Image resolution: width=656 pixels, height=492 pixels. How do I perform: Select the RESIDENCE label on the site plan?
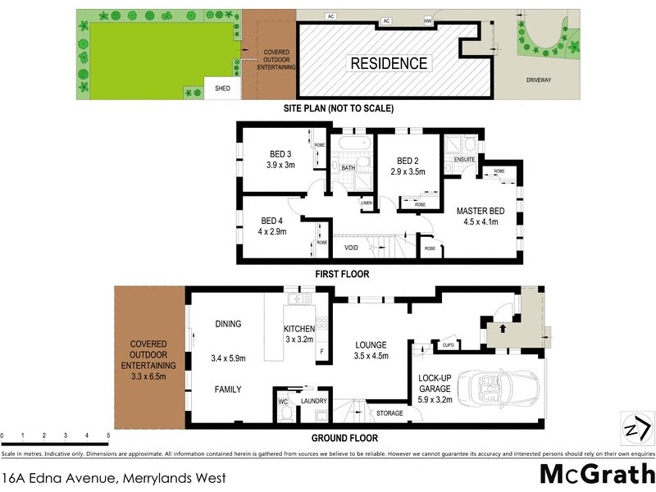click(x=389, y=63)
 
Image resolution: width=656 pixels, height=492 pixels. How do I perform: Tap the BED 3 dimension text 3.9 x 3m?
click(x=280, y=165)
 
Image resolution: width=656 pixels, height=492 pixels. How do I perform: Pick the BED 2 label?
click(x=408, y=161)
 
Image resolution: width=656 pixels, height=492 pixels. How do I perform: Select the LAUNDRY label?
click(x=314, y=401)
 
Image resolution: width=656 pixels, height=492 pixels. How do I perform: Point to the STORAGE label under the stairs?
click(x=389, y=412)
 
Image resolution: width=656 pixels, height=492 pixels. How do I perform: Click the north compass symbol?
click(x=639, y=430)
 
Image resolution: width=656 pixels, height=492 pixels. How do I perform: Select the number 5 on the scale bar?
click(x=108, y=435)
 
